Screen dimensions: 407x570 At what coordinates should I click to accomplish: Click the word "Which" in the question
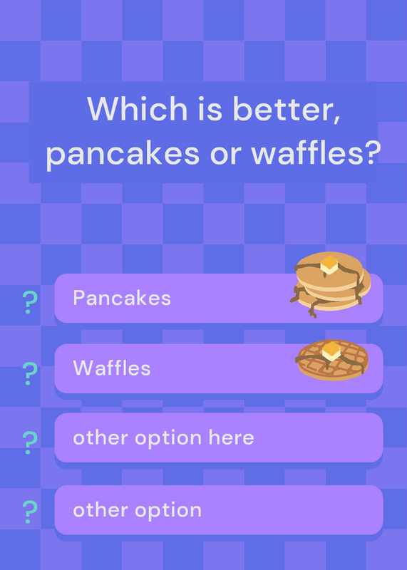138,108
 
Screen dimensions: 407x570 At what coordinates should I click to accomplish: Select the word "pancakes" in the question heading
123,153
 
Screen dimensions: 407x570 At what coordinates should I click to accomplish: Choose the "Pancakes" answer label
122,298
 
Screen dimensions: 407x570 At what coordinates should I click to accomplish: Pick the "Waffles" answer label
112,368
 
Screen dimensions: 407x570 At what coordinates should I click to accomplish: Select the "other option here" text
163,438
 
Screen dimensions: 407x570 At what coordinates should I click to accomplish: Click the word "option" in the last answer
168,511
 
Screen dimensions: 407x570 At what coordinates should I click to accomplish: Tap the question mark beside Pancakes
30,302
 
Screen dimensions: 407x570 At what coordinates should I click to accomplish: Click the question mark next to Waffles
30,373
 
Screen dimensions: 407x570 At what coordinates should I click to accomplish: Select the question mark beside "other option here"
30,442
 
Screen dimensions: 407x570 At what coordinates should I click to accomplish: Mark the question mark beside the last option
30,512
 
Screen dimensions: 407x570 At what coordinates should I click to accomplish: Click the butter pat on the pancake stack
329,264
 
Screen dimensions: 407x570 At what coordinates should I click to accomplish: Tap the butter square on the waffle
331,351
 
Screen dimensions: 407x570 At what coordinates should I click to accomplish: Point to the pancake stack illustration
330,284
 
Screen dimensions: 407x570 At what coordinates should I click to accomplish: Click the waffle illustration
331,360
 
